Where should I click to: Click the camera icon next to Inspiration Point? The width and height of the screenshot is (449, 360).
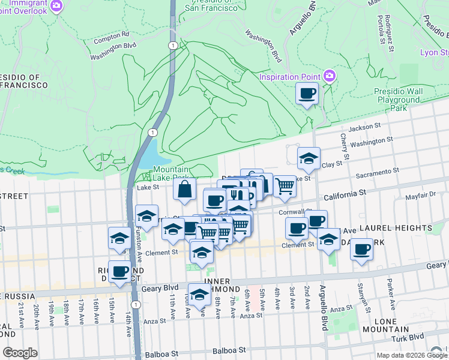(x=330, y=76)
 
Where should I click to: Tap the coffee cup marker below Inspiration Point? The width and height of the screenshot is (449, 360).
(x=307, y=94)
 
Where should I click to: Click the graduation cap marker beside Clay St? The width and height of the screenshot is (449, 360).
(x=309, y=158)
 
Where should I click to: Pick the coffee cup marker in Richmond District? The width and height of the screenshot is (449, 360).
(x=119, y=272)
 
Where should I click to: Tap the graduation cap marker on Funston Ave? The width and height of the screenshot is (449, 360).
(x=146, y=217)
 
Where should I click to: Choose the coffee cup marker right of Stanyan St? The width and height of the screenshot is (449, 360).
(x=361, y=249)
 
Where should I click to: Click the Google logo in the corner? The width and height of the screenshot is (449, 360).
(x=20, y=353)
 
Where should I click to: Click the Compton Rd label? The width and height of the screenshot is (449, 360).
(x=112, y=35)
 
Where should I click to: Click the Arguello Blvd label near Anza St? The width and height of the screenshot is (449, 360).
(x=324, y=312)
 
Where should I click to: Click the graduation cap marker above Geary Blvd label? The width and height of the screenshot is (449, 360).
(x=200, y=294)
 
